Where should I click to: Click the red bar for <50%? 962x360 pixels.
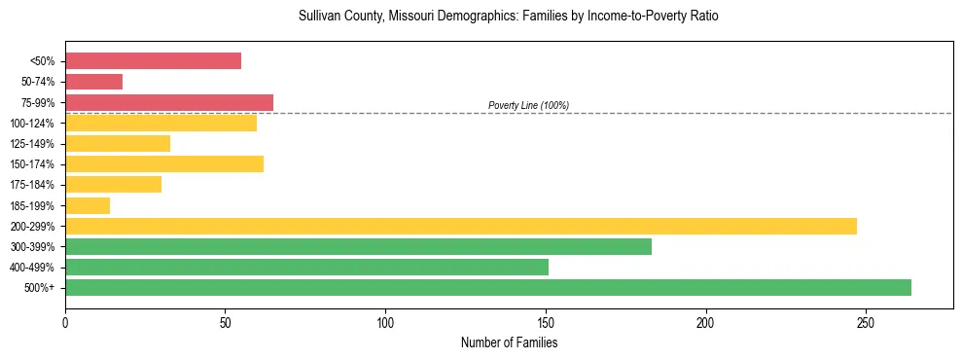click(153, 61)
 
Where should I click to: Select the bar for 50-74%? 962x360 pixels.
click(93, 82)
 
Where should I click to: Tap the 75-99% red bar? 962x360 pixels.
click(169, 102)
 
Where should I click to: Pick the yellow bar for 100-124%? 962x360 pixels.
click(160, 123)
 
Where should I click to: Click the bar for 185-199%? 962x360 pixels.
click(88, 205)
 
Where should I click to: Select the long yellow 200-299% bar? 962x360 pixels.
click(461, 226)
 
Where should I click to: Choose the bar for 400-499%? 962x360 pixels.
click(306, 267)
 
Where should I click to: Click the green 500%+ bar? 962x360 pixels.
click(488, 287)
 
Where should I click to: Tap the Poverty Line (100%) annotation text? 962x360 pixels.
click(528, 105)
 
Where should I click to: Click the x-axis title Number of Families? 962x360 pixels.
click(509, 342)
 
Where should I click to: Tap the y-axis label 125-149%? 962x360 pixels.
click(33, 144)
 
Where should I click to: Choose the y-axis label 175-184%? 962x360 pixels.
click(33, 185)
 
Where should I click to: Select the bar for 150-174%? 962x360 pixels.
click(164, 163)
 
